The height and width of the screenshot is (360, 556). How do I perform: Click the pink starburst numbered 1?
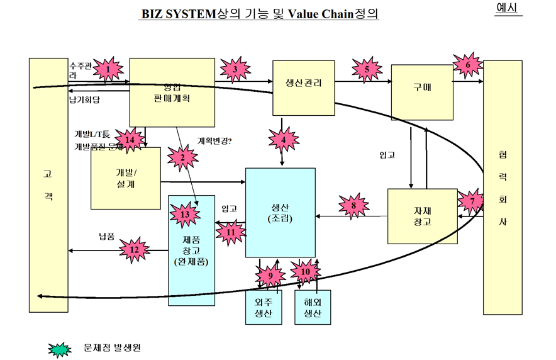109,68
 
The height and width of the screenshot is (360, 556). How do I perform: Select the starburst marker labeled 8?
353,205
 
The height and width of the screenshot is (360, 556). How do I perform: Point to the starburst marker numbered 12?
133,249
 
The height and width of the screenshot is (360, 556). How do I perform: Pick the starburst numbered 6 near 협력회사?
467,64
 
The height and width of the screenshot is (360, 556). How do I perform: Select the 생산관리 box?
303,87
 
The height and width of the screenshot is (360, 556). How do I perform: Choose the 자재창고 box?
421,216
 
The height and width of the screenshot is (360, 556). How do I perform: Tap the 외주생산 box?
264,307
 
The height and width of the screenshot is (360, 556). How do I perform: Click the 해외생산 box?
313,307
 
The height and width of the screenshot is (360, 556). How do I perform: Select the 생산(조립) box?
280,212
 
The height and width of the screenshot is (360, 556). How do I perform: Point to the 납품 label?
107,237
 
